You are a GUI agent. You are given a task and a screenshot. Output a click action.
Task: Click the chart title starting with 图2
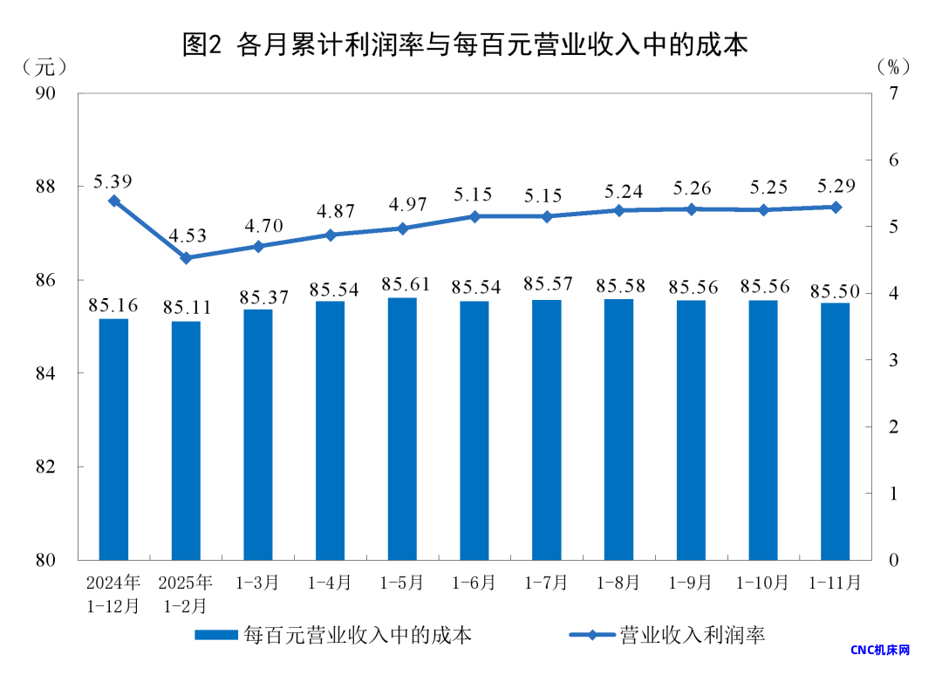tap(465, 44)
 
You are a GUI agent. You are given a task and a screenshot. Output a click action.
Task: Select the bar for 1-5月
tap(402, 427)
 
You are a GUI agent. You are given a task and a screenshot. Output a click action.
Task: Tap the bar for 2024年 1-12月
tap(113, 439)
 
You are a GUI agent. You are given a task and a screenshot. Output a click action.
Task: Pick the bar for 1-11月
tap(835, 431)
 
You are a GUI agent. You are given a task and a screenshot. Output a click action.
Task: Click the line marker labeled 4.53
tap(186, 258)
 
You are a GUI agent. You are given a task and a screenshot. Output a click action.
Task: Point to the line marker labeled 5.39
tap(113, 201)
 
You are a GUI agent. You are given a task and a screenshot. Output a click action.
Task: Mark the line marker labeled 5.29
tap(835, 207)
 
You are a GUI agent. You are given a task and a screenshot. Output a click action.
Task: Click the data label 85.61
tap(402, 284)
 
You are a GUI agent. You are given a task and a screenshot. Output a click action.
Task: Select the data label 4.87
tap(331, 212)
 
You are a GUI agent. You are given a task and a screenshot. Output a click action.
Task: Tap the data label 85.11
tap(186, 308)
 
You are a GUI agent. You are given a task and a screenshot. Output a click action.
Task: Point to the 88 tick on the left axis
tap(55, 187)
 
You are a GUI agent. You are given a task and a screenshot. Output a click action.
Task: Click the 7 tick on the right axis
tap(892, 93)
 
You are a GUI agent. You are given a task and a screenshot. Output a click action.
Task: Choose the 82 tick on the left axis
tap(55, 467)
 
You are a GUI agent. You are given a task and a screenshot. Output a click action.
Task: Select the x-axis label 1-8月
tap(618, 583)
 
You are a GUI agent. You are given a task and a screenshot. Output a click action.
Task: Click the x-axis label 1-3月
tap(258, 583)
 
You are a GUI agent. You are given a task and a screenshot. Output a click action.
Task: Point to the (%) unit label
tap(893, 66)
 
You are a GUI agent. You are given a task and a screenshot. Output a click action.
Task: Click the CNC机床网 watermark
tap(880, 651)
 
